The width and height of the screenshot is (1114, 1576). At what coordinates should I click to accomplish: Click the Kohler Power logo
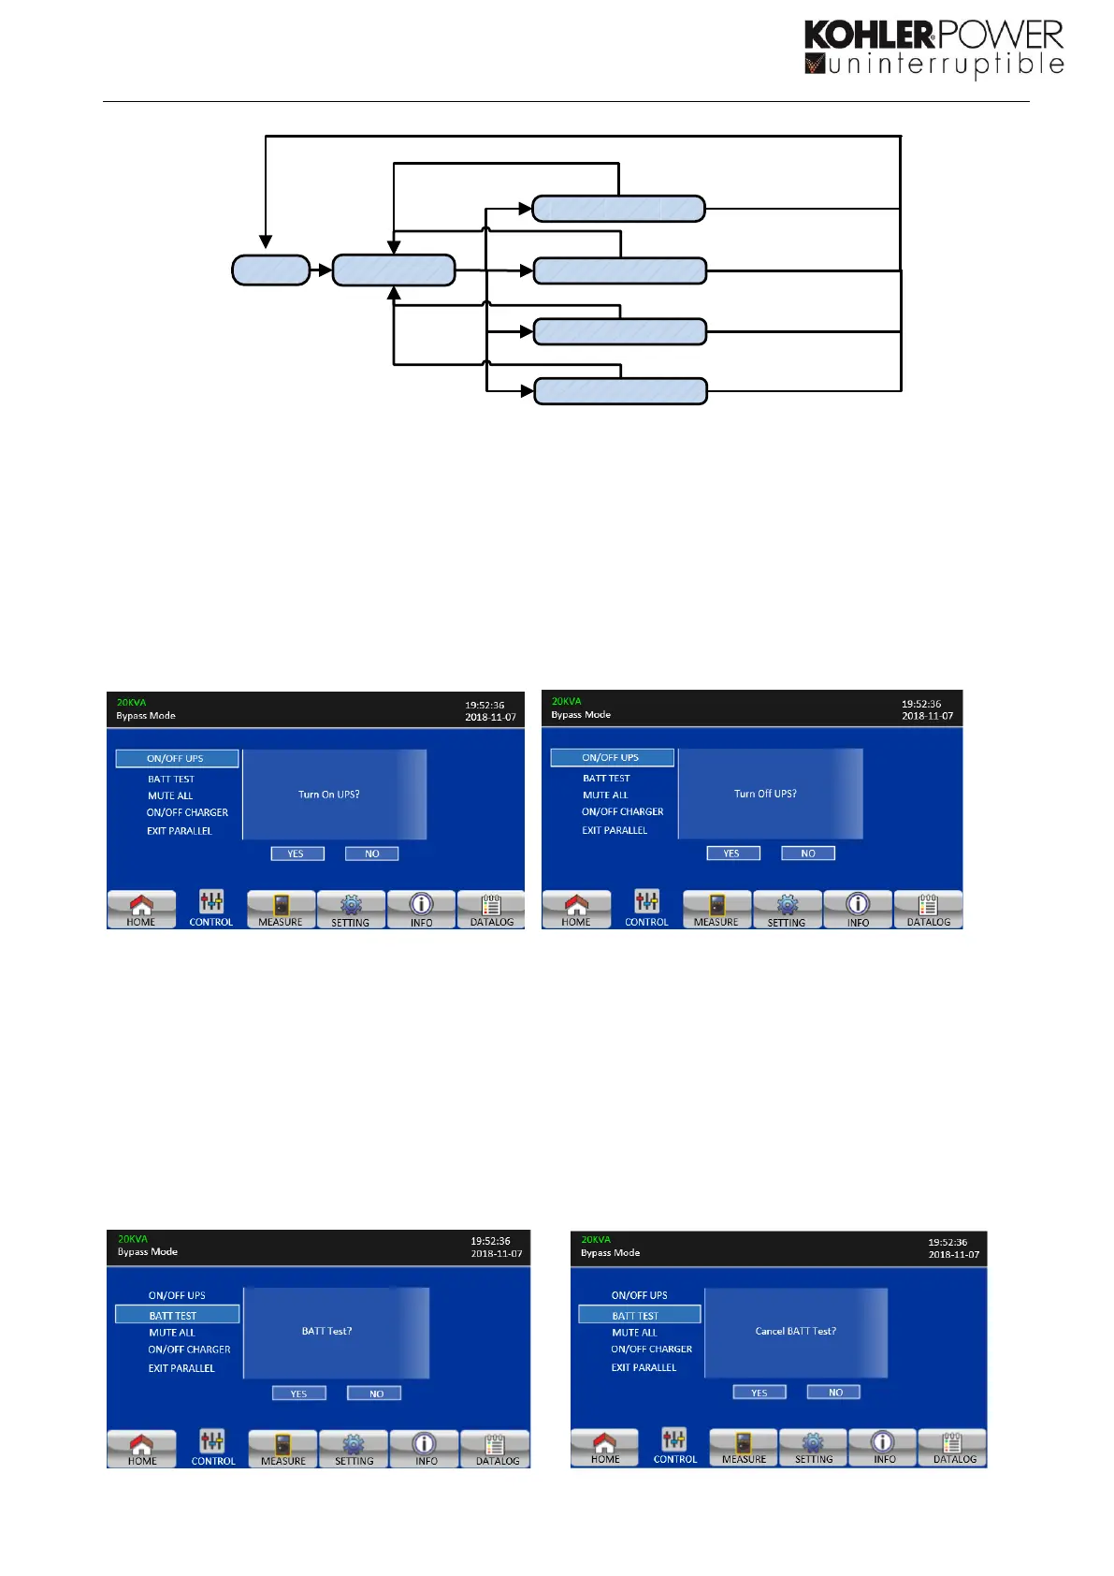933,48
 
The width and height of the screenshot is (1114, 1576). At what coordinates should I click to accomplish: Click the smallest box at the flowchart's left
270,270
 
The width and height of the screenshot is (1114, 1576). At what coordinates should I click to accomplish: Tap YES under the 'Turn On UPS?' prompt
297,854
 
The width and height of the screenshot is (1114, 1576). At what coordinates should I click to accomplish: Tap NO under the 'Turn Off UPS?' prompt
808,854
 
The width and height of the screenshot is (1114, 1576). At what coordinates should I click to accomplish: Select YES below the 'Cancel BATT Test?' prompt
759,1393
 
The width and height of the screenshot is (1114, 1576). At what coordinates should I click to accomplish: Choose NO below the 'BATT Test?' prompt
374,1394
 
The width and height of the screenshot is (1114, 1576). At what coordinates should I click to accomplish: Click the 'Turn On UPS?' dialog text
329,795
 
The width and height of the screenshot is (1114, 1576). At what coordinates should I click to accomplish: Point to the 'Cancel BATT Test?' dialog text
795,1331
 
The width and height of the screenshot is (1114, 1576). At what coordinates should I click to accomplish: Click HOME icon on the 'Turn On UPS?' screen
141,909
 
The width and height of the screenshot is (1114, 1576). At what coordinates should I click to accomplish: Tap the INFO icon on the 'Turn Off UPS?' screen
858,909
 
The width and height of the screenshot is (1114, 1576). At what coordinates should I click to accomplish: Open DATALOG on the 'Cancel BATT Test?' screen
953,1447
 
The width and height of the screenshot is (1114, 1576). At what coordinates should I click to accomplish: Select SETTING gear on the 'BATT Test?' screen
354,1448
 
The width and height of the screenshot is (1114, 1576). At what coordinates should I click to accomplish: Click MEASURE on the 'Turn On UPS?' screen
281,910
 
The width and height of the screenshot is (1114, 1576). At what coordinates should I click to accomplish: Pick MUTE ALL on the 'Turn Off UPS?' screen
605,795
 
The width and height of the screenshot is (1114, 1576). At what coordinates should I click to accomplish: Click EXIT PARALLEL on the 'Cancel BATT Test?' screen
644,1367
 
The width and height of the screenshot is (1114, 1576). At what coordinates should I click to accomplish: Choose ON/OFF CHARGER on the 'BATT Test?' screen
189,1350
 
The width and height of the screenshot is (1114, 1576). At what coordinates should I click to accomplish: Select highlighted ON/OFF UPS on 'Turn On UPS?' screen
176,758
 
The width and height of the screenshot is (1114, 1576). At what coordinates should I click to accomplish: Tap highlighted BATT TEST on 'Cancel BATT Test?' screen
636,1315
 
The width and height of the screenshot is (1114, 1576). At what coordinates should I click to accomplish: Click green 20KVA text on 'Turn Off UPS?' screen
567,701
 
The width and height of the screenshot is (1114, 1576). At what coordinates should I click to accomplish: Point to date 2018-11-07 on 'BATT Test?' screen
497,1254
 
